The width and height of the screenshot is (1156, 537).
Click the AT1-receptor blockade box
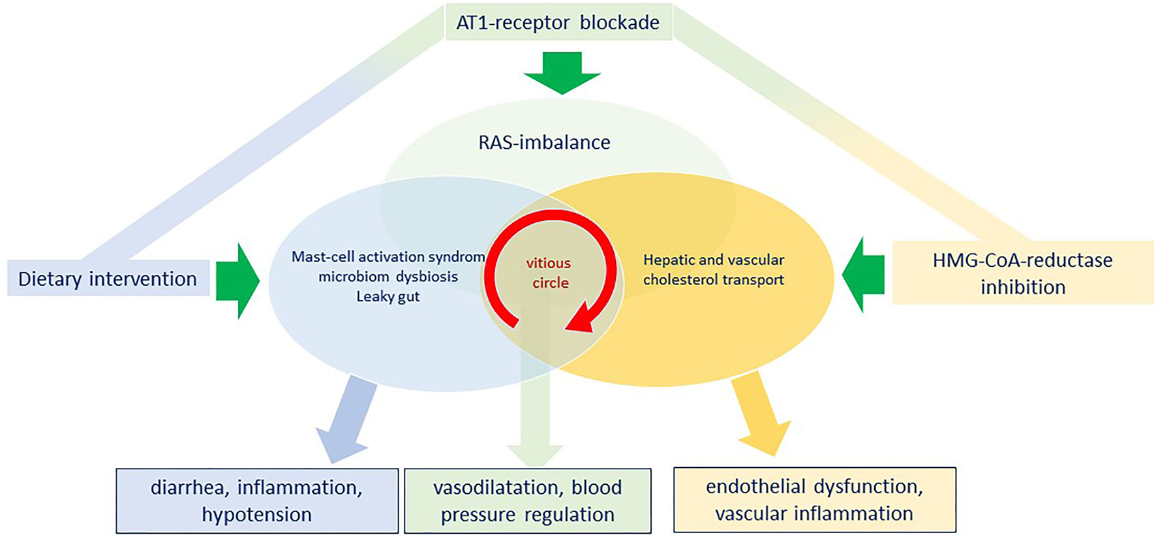[x=558, y=22]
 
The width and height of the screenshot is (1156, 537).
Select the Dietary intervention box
[x=108, y=279]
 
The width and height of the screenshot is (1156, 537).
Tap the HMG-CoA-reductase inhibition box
[x=1022, y=273]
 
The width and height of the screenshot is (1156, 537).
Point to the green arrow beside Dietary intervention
[x=237, y=281]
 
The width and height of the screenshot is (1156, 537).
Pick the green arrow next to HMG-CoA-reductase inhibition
[x=864, y=275]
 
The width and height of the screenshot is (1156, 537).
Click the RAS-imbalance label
[x=544, y=142]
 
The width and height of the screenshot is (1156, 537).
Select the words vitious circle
[x=549, y=273]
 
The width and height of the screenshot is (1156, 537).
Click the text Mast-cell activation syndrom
[x=388, y=256]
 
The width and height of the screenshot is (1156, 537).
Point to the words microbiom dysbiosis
[x=388, y=277]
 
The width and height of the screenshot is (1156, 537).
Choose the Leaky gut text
[x=388, y=296]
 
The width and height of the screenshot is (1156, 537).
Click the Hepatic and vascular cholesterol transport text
[x=713, y=269]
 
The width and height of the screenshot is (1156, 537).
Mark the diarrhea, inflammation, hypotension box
[x=257, y=500]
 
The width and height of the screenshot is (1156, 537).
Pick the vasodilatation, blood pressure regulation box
[x=527, y=500]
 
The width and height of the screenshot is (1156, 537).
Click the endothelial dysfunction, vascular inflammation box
[x=814, y=499]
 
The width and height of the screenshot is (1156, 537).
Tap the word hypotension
[x=256, y=515]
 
